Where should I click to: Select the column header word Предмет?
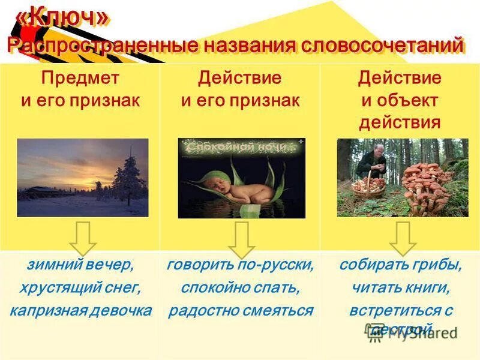point(80,78)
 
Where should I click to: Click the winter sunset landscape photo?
point(82,178)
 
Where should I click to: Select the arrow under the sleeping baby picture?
point(241,240)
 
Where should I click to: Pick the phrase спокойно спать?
point(241,288)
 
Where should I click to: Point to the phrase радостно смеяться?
point(241,311)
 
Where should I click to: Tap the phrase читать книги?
point(400,288)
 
